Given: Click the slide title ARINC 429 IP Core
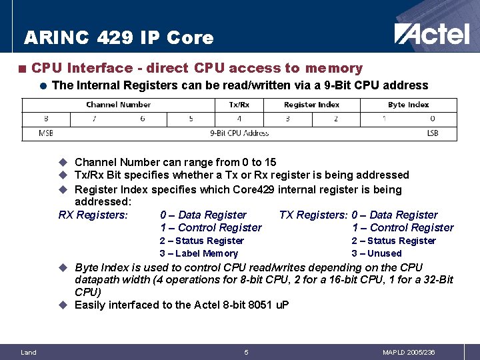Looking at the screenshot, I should [x=119, y=38].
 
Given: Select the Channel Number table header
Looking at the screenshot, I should [x=118, y=105].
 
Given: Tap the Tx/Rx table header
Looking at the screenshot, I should [x=239, y=105].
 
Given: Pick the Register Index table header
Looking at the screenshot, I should [x=311, y=105].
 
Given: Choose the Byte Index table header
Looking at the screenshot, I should [x=408, y=105].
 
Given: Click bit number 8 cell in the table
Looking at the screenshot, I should [x=46, y=119].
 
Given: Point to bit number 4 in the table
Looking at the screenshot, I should [x=239, y=119].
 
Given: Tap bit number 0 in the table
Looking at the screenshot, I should [x=433, y=119].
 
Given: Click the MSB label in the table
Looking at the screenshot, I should [x=46, y=133].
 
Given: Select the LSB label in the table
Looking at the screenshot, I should [x=433, y=133].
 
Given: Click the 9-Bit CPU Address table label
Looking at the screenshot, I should [x=239, y=133].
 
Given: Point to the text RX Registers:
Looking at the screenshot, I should [x=93, y=215].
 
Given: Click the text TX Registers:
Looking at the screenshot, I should [x=313, y=215].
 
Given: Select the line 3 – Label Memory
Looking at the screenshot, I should [x=199, y=253].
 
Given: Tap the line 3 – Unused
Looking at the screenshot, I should [x=377, y=253].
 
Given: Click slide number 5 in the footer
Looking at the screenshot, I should [x=246, y=352].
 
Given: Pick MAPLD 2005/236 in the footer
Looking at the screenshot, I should [x=409, y=352].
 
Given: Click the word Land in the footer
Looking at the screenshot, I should [x=29, y=352].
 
